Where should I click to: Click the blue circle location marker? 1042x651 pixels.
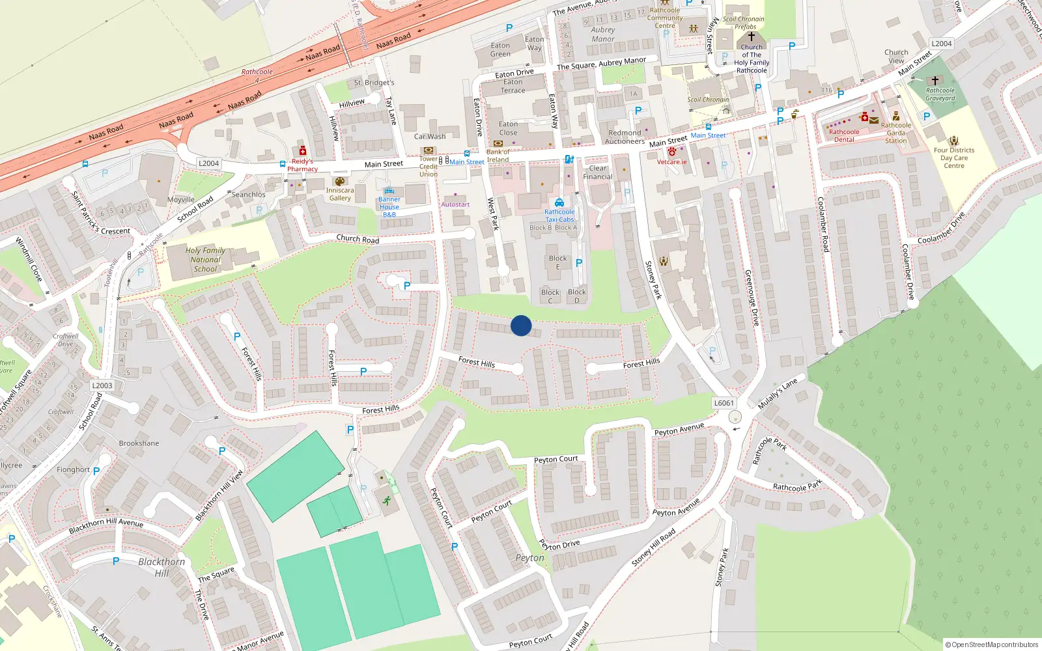point(521,325)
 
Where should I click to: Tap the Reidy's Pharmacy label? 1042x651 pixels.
point(302,165)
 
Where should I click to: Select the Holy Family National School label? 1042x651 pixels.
point(205,260)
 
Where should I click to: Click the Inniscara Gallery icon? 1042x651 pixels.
point(339,182)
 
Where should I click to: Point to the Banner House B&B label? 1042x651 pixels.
point(389,207)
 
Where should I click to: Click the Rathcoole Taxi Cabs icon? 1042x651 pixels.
point(559,202)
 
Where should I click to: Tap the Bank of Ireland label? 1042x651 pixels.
point(498,156)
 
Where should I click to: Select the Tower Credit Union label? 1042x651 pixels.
point(429,167)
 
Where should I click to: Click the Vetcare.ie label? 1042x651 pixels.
point(671,162)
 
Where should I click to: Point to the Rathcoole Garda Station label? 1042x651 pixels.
point(895,133)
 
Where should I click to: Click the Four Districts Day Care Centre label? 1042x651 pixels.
point(954,158)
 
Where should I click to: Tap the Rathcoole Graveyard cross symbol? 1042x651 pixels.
point(935,81)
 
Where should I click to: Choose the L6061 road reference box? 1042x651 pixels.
point(724,403)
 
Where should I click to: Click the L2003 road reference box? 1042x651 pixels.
point(102,385)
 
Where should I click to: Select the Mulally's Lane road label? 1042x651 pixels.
point(778,393)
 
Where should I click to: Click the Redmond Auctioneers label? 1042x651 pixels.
point(625,137)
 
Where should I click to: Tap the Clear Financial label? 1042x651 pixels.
point(598,173)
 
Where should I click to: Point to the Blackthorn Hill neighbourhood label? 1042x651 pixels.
point(162,567)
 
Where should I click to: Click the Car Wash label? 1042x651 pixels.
point(430,137)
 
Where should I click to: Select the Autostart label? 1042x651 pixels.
point(455,204)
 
